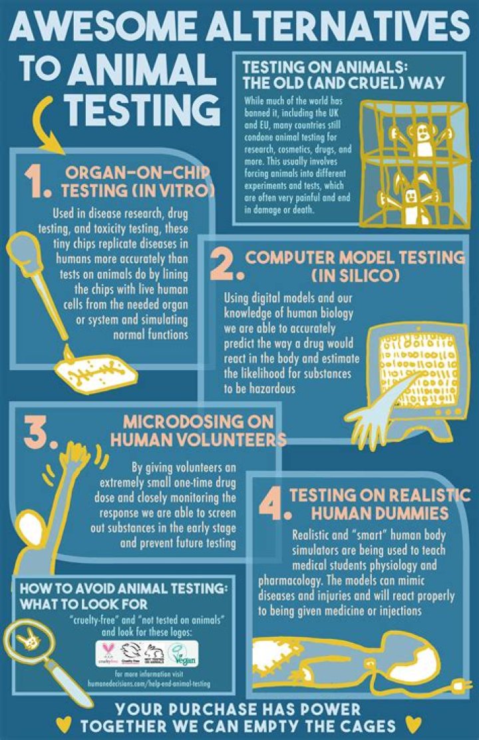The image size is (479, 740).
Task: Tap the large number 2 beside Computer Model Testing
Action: tap(223, 265)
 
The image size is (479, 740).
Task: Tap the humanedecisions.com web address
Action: tap(150, 684)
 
